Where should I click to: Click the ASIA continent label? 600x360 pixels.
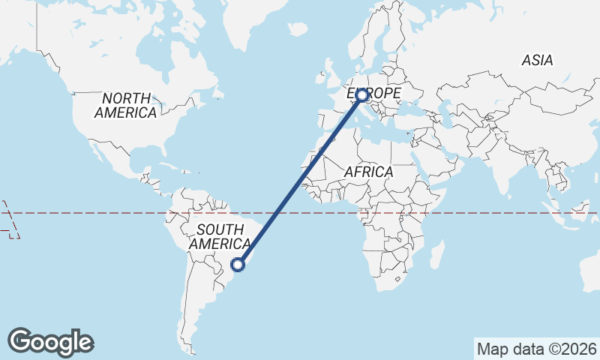pos(538,60)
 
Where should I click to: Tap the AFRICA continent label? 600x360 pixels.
pos(368,172)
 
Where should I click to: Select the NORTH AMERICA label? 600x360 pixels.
pos(127,105)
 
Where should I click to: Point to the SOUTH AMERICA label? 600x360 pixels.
pos(219,237)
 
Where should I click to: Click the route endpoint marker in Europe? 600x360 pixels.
pos(362,95)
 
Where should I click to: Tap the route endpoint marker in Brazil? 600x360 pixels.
pos(238,264)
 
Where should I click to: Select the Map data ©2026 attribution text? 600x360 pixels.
pos(536,349)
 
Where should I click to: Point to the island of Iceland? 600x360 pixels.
pos(298,30)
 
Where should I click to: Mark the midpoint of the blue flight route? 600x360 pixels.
pos(300,180)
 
